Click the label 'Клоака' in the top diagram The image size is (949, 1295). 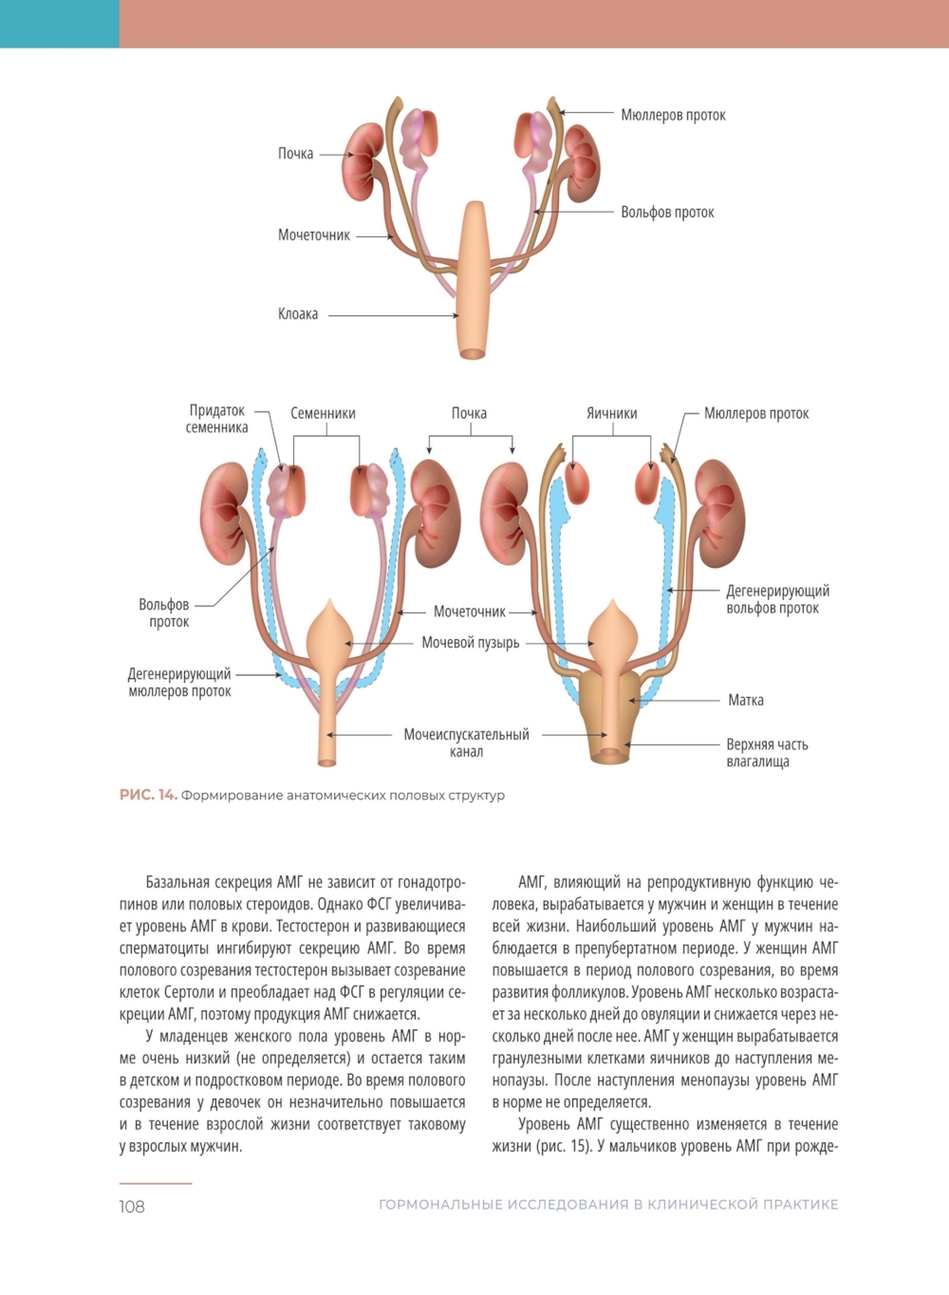[298, 314]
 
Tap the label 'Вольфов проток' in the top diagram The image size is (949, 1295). [667, 213]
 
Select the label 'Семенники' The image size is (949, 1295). [323, 413]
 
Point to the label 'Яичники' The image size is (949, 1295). [612, 413]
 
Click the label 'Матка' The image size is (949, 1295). [746, 701]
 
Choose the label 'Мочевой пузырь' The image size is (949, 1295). [471, 643]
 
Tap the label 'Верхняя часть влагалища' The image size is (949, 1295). [767, 753]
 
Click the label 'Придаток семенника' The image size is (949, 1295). [217, 419]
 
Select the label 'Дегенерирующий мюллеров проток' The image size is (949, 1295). [179, 683]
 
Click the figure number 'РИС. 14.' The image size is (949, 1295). [148, 796]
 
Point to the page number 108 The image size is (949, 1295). [132, 1207]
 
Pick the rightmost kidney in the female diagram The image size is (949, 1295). [720, 513]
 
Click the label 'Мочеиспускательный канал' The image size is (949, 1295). [466, 742]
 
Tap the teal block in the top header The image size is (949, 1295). [59, 24]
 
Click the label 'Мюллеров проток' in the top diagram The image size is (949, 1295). [673, 115]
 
